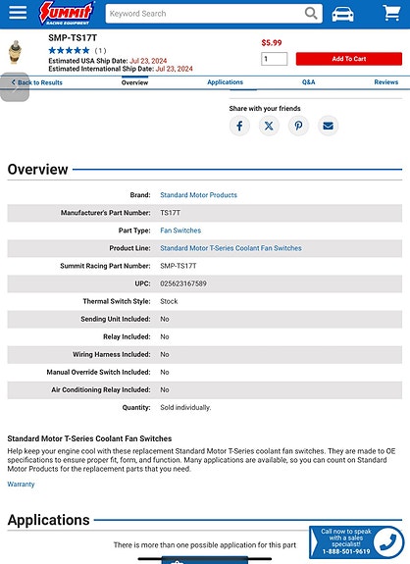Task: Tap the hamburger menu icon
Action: pyautogui.click(x=18, y=14)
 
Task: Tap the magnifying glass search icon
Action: pyautogui.click(x=312, y=14)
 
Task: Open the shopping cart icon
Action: pyautogui.click(x=388, y=14)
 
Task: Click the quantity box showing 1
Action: pyautogui.click(x=275, y=59)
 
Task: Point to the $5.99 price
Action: pyautogui.click(x=272, y=43)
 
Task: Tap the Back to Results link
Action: pyautogui.click(x=36, y=82)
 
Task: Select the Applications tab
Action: pyautogui.click(x=225, y=82)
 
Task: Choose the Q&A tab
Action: pyautogui.click(x=309, y=82)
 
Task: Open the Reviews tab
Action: pyautogui.click(x=385, y=82)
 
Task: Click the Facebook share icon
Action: pyautogui.click(x=239, y=126)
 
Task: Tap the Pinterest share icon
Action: pyautogui.click(x=298, y=126)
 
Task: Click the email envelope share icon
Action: pyautogui.click(x=328, y=126)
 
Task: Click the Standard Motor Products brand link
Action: pyautogui.click(x=198, y=195)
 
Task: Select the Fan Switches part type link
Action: pyautogui.click(x=180, y=231)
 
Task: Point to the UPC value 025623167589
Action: pyautogui.click(x=183, y=283)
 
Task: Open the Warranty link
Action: pyautogui.click(x=21, y=485)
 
